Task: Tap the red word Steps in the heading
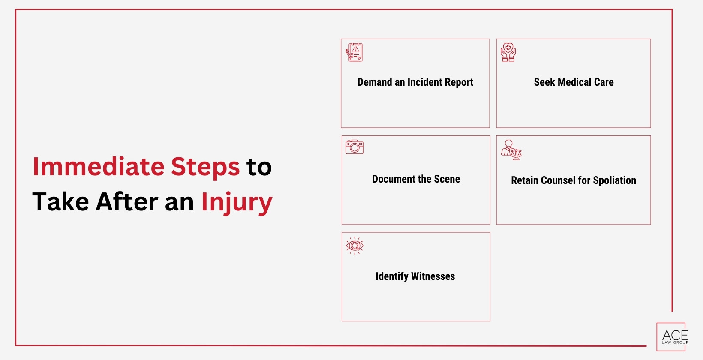click(205, 167)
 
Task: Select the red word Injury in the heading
click(237, 202)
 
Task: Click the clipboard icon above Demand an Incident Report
click(355, 52)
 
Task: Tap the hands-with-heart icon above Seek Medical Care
click(508, 52)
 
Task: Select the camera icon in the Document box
click(355, 147)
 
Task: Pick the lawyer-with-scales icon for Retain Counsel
click(511, 150)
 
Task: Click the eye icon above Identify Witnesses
click(355, 246)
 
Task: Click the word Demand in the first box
click(375, 82)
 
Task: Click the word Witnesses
click(433, 276)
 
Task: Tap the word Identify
click(392, 276)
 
